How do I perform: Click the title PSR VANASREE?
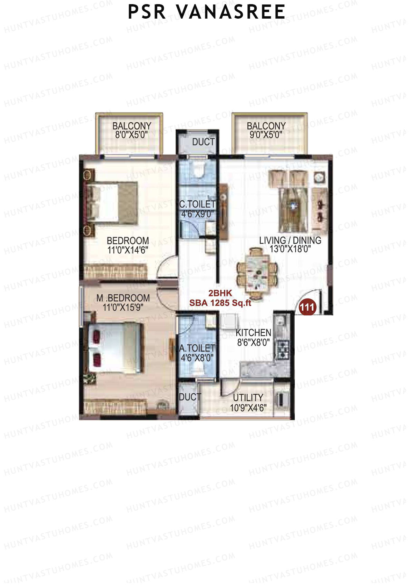(x=206, y=12)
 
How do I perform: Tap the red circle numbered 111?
(x=307, y=307)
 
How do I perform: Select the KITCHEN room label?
(x=253, y=333)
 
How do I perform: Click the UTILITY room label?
(x=248, y=397)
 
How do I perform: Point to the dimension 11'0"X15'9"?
(x=123, y=307)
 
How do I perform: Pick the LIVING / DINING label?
(x=290, y=240)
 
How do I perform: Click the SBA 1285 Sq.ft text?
(x=220, y=303)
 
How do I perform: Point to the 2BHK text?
(x=220, y=293)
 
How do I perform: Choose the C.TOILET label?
(x=197, y=204)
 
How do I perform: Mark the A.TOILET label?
(x=197, y=348)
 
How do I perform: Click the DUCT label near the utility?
(x=189, y=397)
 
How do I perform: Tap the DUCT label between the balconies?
(x=203, y=142)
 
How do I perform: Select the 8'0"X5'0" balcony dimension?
(x=131, y=135)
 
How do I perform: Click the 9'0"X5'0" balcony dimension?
(x=266, y=135)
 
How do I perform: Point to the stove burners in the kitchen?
(x=284, y=350)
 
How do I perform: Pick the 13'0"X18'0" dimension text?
(x=290, y=249)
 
